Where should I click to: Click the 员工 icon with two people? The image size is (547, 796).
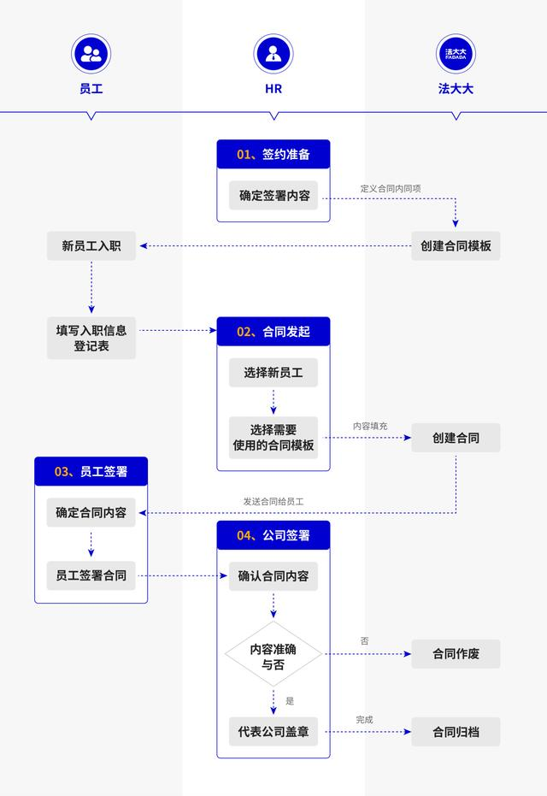click(91, 55)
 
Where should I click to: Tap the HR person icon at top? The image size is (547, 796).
click(273, 55)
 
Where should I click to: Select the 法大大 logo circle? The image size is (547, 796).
click(456, 55)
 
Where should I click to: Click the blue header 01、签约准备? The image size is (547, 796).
click(273, 155)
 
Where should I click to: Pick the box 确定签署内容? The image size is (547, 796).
click(273, 195)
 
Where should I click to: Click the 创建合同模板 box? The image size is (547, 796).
click(456, 246)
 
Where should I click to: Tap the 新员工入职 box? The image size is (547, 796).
click(91, 246)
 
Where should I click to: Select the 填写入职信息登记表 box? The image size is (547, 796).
click(91, 338)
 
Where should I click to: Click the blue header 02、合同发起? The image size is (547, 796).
click(273, 332)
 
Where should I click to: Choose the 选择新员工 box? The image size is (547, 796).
click(273, 373)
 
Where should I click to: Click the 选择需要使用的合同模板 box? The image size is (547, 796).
click(273, 438)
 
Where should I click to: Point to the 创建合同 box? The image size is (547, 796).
click(456, 438)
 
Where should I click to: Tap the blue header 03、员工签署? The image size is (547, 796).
click(91, 471)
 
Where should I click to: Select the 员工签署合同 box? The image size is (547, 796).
click(91, 575)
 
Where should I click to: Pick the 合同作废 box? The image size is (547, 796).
click(456, 655)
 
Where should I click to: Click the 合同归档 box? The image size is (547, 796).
click(456, 732)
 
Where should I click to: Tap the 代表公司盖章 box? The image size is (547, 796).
click(273, 732)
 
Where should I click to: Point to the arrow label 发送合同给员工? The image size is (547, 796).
click(273, 502)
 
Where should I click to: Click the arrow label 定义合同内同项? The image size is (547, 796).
click(390, 187)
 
